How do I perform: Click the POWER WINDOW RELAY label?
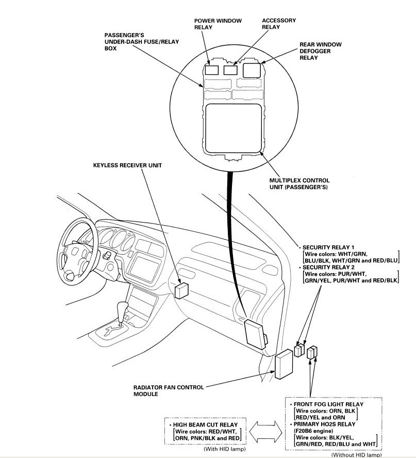[218, 24]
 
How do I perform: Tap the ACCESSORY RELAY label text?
[279, 24]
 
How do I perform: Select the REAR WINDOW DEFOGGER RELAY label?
[321, 51]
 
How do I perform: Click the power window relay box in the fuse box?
[211, 70]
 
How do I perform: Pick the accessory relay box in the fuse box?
[230, 70]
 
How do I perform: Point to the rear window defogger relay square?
[252, 70]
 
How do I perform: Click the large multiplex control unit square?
[233, 129]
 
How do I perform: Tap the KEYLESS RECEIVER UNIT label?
[127, 165]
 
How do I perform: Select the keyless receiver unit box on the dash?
[181, 290]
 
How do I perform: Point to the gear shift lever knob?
[123, 308]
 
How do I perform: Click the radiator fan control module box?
[284, 364]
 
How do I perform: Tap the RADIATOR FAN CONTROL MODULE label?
[169, 390]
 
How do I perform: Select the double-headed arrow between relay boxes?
[265, 432]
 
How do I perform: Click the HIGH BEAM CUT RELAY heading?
[205, 425]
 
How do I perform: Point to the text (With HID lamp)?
[224, 449]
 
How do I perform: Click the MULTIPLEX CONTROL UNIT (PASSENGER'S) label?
[299, 184]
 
